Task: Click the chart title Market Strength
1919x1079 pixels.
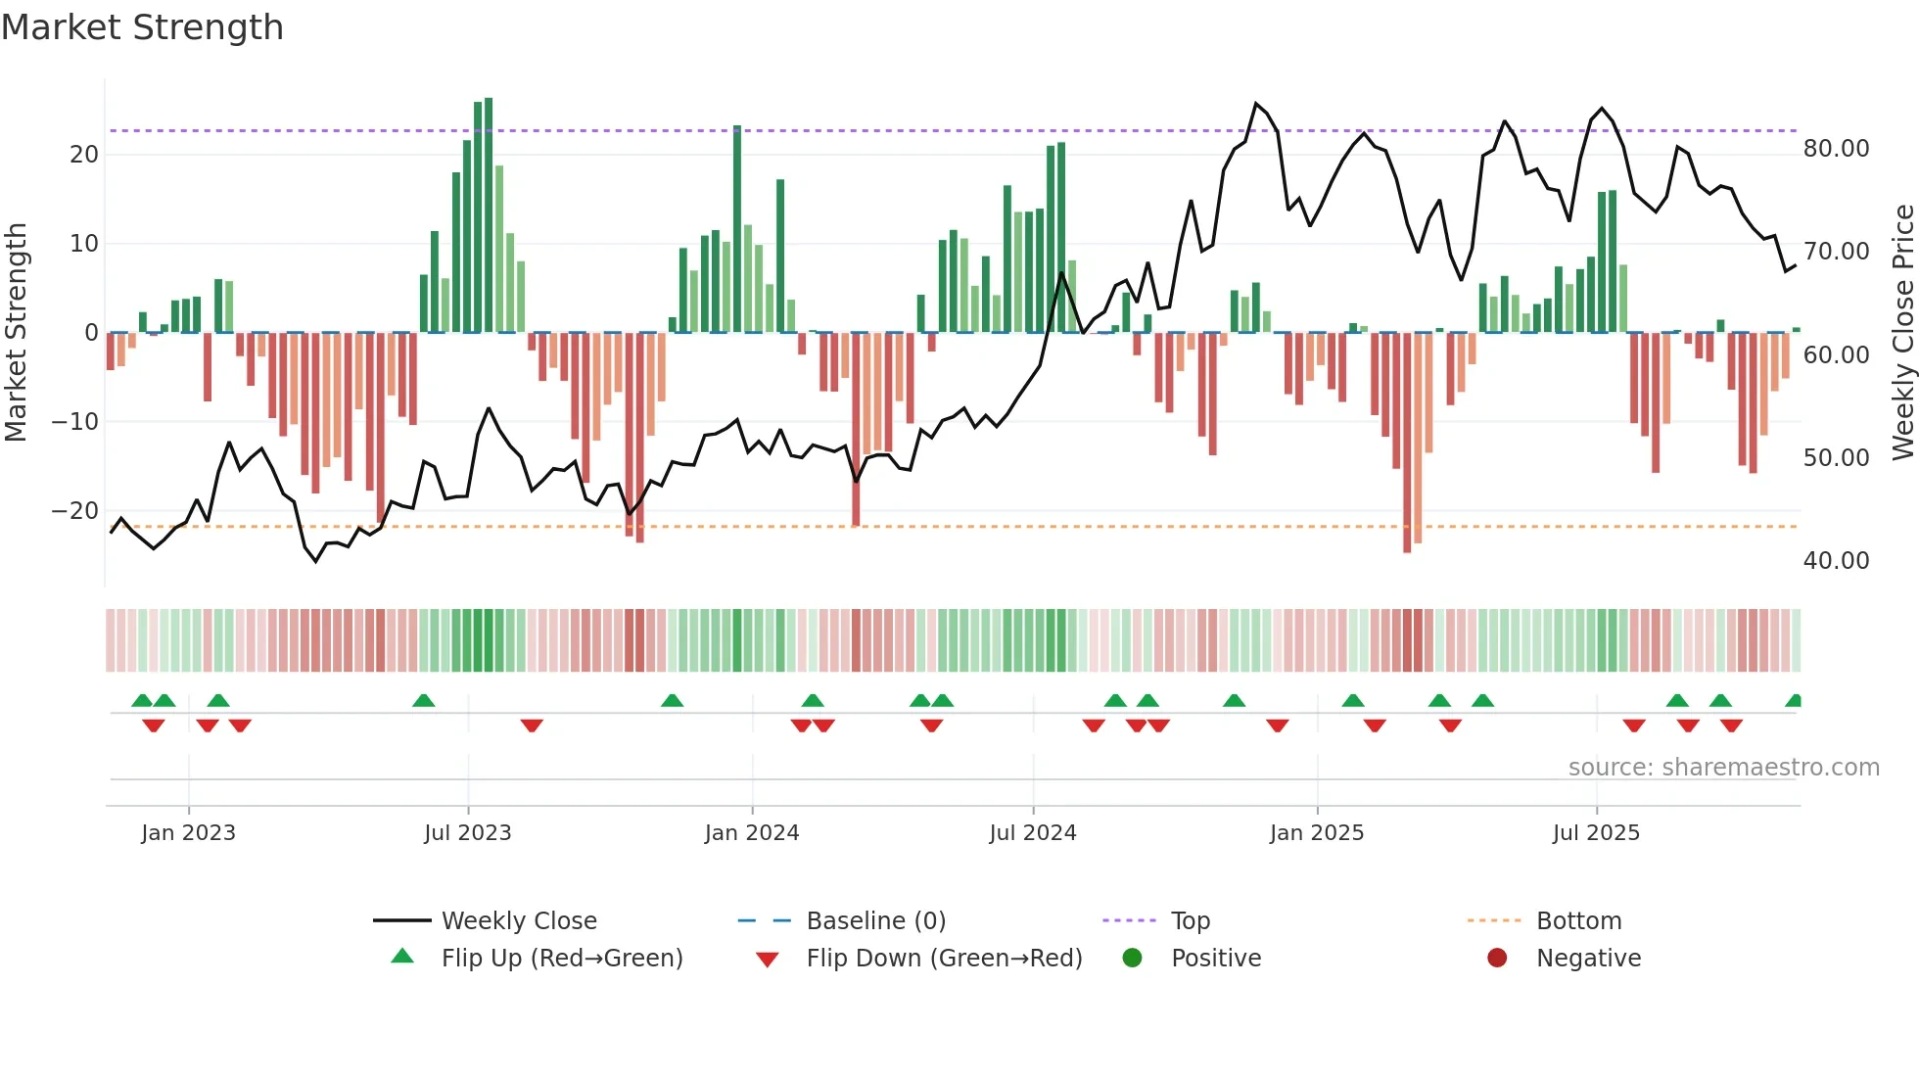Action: point(142,27)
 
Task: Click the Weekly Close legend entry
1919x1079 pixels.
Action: point(518,920)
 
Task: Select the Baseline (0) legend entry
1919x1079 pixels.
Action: point(875,920)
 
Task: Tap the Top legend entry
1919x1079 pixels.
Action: point(1190,920)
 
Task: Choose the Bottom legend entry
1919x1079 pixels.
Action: point(1578,920)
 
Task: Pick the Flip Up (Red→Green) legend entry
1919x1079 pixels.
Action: point(561,958)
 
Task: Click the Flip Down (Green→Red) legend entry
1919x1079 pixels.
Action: point(944,958)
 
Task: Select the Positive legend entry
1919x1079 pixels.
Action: point(1215,958)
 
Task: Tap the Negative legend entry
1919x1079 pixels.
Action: point(1587,958)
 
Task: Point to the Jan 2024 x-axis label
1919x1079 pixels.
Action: point(751,832)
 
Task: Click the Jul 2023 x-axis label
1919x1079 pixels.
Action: point(467,832)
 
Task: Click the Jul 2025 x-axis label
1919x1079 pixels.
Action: point(1595,832)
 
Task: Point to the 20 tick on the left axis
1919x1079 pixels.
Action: point(84,154)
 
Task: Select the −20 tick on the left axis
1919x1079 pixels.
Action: point(75,510)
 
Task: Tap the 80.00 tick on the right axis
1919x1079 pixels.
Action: point(1836,148)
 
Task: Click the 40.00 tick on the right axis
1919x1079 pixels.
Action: point(1836,560)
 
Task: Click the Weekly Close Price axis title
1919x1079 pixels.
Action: point(1902,333)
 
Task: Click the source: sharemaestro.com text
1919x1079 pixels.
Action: point(1723,767)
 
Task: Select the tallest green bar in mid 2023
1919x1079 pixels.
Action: point(489,215)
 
